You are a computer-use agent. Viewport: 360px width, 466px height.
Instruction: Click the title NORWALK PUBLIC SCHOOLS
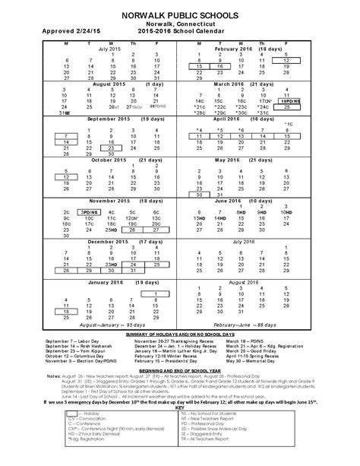point(180,14)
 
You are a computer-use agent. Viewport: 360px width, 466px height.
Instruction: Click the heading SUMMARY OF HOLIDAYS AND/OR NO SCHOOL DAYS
point(180,335)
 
